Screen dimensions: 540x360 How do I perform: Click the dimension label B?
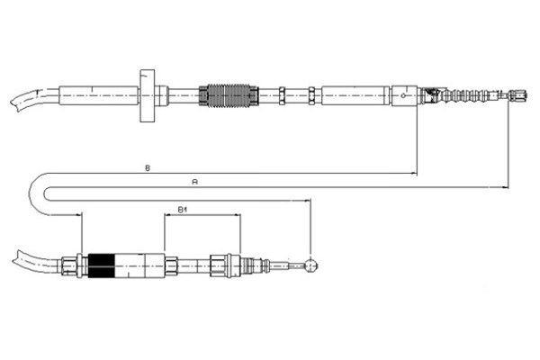point(148,168)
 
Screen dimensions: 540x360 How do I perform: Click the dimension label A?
point(195,182)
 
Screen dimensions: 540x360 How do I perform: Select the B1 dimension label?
point(182,210)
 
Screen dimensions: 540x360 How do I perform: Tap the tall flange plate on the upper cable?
point(147,95)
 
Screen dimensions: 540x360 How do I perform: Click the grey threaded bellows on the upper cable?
point(229,95)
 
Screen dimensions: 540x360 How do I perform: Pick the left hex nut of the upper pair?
point(282,95)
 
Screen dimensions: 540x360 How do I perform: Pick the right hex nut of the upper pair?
point(311,95)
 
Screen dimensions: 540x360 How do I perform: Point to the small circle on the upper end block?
point(403,95)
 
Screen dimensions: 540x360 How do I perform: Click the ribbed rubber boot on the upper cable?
point(465,95)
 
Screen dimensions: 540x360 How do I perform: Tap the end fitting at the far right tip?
point(518,95)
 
